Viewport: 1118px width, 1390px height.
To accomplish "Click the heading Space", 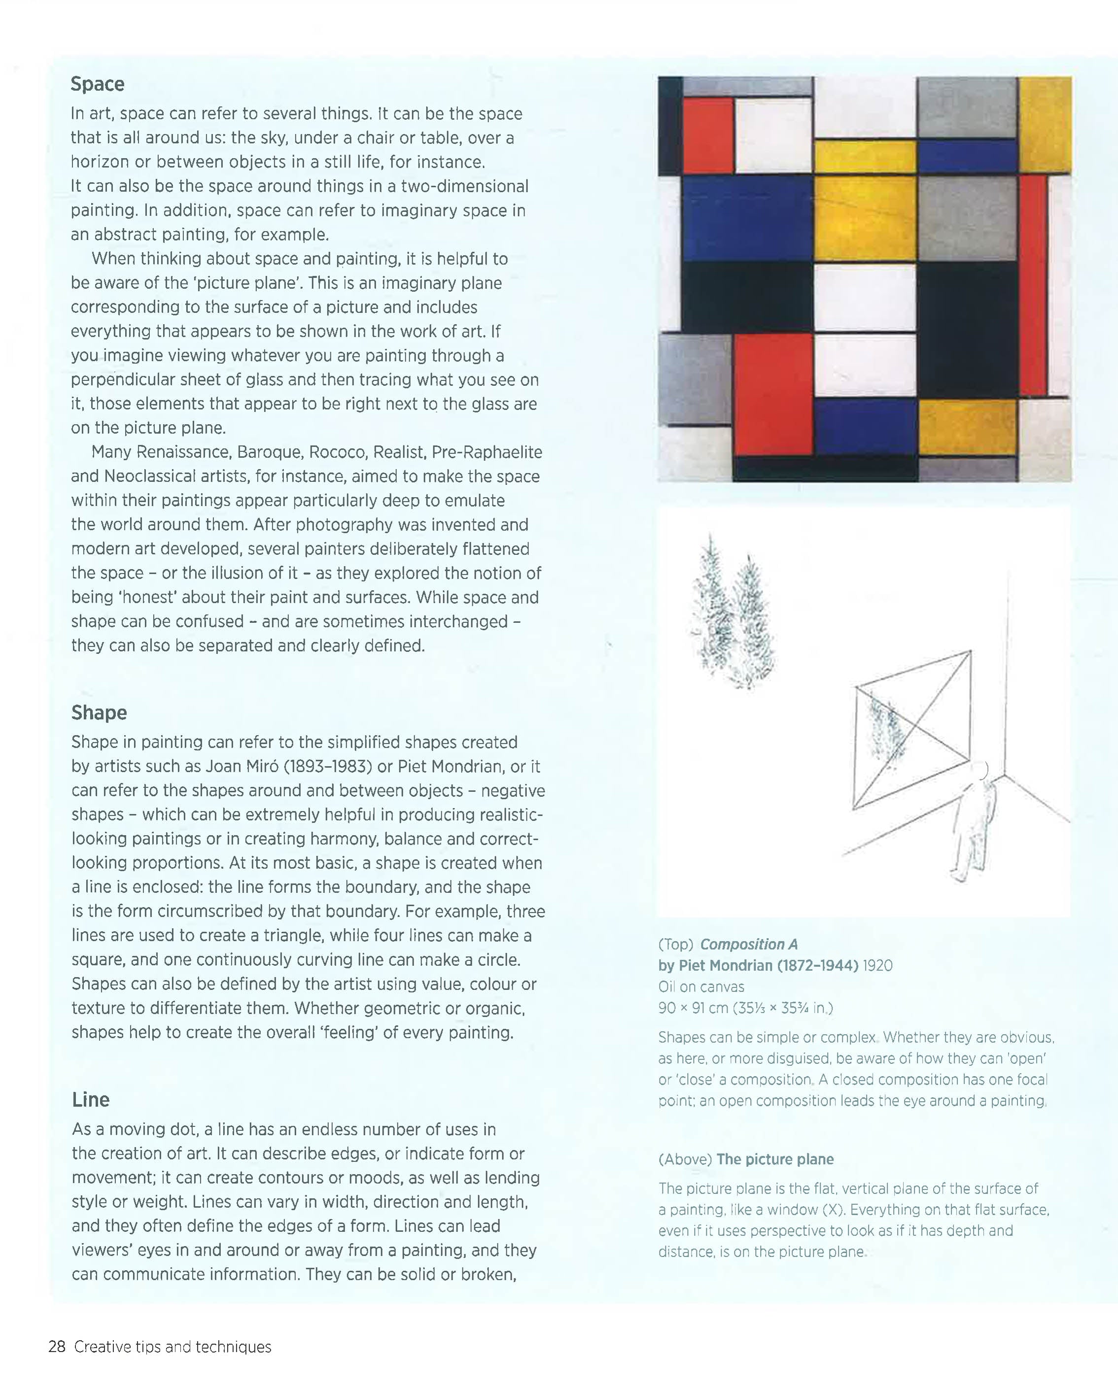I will click(98, 84).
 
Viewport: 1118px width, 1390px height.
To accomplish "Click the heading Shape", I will click(99, 712).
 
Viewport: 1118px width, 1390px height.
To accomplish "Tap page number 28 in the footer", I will click(57, 1347).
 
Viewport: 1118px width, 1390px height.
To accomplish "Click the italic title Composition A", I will click(748, 945).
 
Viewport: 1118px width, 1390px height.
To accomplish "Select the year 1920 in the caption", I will click(877, 966).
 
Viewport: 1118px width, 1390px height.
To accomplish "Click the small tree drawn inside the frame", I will click(887, 732).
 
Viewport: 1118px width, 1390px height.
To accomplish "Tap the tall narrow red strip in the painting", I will click(1033, 284).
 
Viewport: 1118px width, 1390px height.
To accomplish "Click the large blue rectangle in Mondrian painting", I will click(747, 217).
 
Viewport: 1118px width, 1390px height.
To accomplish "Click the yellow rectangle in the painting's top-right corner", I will click(1045, 124).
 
